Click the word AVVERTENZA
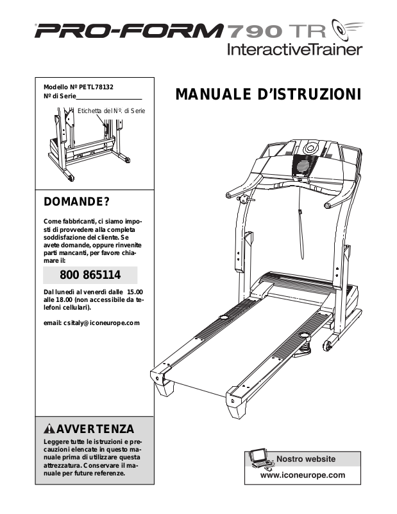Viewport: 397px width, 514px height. click(96, 429)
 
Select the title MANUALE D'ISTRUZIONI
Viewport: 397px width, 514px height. click(268, 96)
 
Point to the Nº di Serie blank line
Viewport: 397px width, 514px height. click(109, 97)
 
